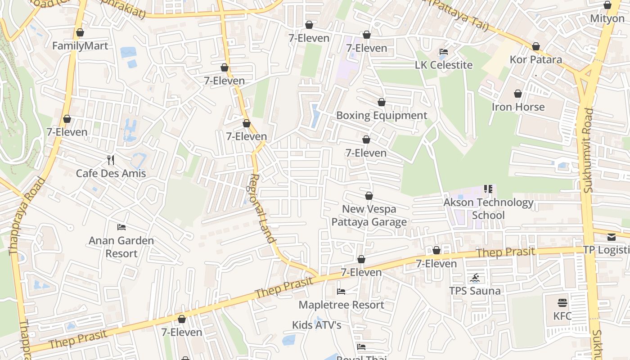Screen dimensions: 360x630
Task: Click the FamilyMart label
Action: [x=80, y=46]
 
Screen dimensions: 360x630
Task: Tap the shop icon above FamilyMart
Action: [x=80, y=32]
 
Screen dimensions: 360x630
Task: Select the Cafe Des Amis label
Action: [x=111, y=173]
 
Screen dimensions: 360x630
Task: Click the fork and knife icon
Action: [x=111, y=160]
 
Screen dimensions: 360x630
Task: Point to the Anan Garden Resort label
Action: [x=121, y=247]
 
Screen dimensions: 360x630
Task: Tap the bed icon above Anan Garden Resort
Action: [x=121, y=227]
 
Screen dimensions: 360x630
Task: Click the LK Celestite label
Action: [x=444, y=65]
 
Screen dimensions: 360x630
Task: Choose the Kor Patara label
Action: [x=535, y=59]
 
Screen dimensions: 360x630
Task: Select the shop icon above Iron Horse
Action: [x=518, y=94]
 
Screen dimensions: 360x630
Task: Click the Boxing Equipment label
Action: [x=382, y=115]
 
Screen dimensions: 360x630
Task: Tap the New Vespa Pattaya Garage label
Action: [x=369, y=215]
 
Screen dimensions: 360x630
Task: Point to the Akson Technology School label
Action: [x=488, y=209]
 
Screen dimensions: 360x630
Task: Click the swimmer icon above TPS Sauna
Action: [x=475, y=278]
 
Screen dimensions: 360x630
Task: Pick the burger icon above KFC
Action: [x=562, y=302]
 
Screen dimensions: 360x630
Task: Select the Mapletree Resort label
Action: [x=341, y=305]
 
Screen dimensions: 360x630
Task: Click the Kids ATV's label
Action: [x=317, y=325]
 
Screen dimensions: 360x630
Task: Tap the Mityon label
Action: [x=607, y=19]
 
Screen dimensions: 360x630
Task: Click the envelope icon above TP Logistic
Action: [x=611, y=237]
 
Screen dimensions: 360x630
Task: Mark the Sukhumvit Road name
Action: [x=588, y=151]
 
